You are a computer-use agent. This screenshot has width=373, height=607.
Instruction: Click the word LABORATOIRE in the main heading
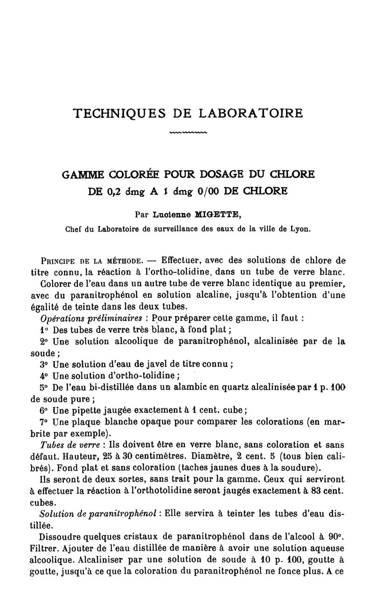[x=251, y=113]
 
